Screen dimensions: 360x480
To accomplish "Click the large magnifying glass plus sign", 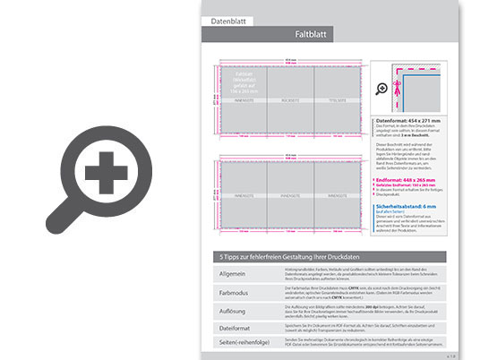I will pos(107,170).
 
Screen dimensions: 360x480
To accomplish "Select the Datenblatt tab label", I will pos(228,19).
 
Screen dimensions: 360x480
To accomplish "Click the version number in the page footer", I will pos(451,356).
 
